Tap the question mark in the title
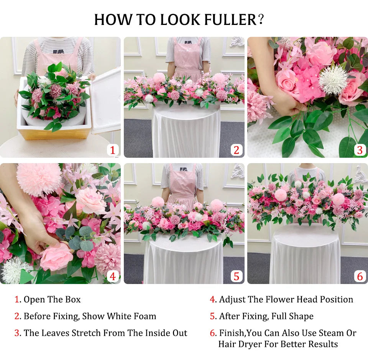[261, 19]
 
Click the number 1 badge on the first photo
[113, 150]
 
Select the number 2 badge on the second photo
[237, 150]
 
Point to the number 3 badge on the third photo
[360, 150]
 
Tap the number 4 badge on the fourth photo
[113, 276]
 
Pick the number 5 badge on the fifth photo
[237, 276]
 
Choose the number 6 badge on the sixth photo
[360, 276]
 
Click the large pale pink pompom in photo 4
[39, 180]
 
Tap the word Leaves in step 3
[54, 333]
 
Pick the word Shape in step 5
[301, 317]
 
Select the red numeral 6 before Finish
[212, 333]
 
